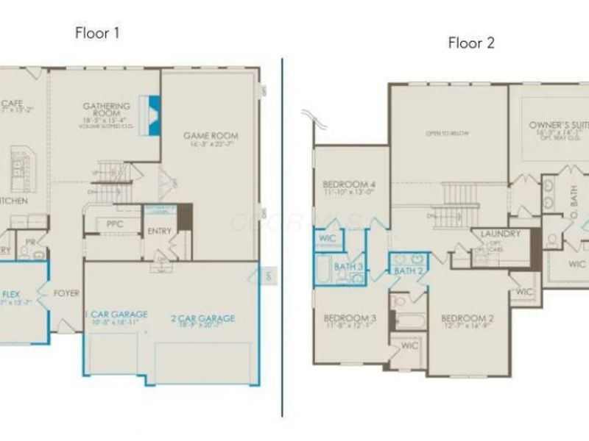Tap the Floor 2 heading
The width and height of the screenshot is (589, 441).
tap(471, 43)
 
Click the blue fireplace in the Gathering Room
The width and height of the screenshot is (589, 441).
tap(155, 115)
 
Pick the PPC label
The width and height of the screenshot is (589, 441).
tap(114, 223)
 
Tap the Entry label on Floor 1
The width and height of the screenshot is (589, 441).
tap(159, 231)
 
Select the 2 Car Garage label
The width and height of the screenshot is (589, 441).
tap(203, 318)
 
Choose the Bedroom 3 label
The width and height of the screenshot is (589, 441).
tap(350, 318)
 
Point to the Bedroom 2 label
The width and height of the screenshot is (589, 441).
tap(467, 318)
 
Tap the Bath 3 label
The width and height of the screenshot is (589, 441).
tap(348, 265)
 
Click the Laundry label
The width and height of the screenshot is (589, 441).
tap(501, 234)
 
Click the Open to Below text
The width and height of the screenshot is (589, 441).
tap(447, 134)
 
